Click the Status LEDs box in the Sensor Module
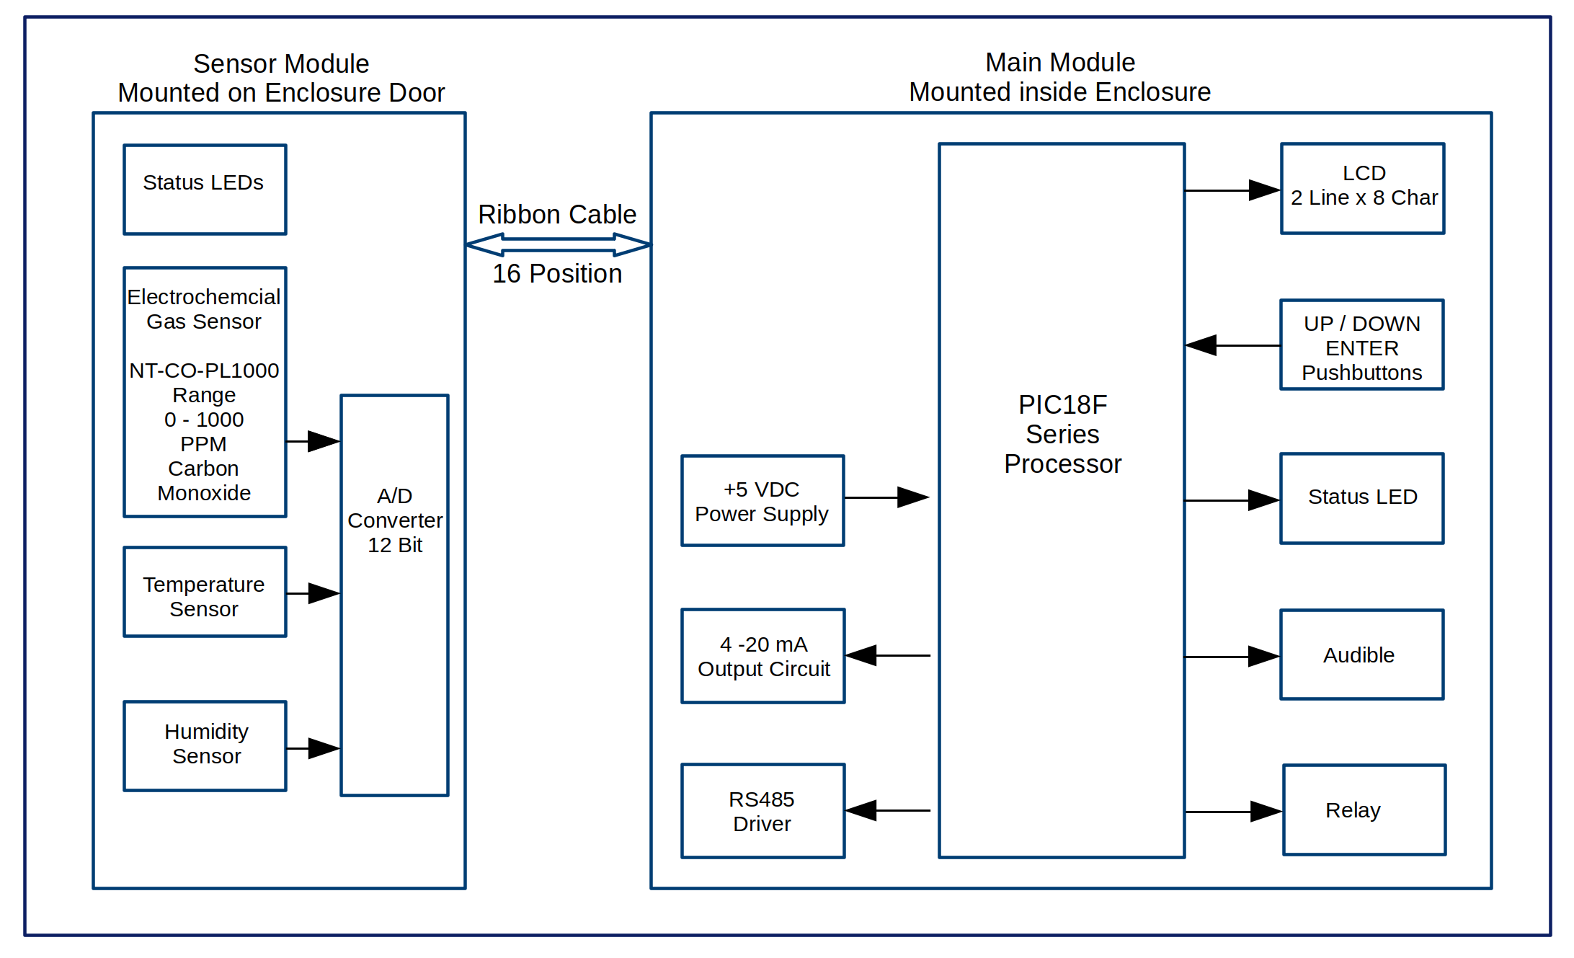205,190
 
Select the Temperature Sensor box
205,593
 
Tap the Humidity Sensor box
205,746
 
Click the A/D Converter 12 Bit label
395,520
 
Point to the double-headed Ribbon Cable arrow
559,245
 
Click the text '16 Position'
557,274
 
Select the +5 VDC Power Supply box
762,501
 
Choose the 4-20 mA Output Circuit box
763,656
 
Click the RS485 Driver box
763,811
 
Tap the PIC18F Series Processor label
1062,435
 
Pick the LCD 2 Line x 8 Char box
1363,189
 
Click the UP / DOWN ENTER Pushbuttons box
1362,345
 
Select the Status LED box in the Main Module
1362,498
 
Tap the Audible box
1362,655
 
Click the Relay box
1364,810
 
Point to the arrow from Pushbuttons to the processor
1232,345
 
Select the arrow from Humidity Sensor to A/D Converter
314,748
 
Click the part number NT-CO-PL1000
204,371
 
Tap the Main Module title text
1059,77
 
